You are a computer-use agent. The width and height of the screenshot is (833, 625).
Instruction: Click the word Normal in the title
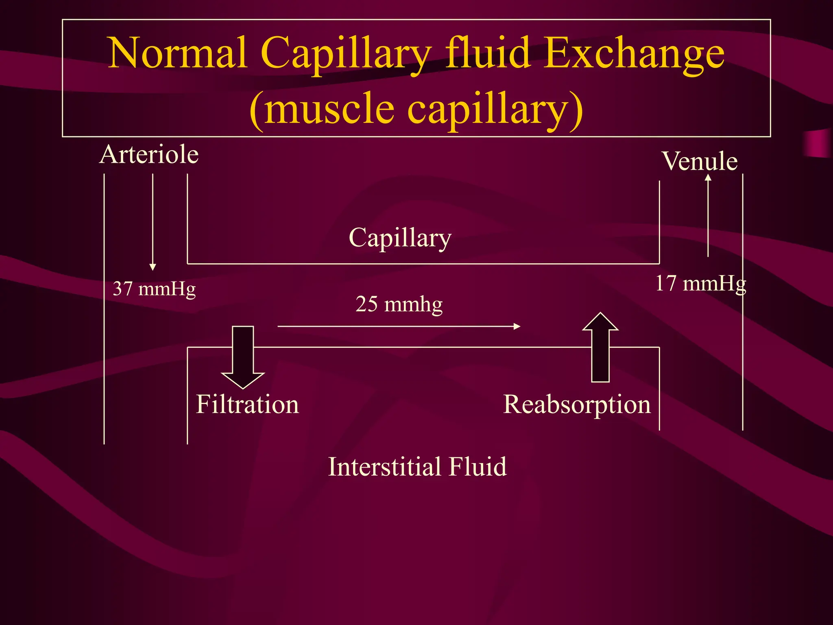coord(177,53)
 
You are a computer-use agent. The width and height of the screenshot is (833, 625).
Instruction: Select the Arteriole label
coord(149,155)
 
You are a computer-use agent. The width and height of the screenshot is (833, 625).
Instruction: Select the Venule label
coord(700,161)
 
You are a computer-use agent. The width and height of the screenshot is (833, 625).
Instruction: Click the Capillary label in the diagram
coord(400,238)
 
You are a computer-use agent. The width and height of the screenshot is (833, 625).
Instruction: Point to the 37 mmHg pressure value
coord(154,289)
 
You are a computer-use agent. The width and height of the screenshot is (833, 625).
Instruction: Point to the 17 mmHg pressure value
coord(700,283)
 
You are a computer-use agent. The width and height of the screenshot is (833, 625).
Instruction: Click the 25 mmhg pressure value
coord(399,304)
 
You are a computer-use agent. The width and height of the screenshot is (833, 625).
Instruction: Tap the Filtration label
coord(247,404)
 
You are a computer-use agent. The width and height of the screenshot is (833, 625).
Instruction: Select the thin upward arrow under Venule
coord(708,216)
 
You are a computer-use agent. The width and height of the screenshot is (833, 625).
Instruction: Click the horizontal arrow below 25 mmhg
coord(399,326)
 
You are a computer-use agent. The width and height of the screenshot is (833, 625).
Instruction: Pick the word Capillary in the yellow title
coord(346,55)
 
